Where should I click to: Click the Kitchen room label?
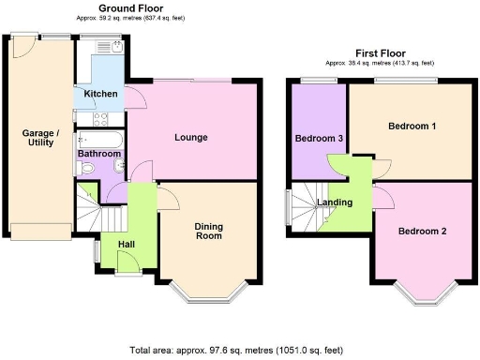tap(100, 94)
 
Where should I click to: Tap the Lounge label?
tap(190, 138)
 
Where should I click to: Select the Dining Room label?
tap(208, 231)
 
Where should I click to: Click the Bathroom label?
tap(98, 153)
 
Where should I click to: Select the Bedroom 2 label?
tap(422, 231)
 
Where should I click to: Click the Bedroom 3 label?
tap(319, 139)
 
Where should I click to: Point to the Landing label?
tap(335, 202)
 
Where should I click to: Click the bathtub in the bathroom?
tap(97, 139)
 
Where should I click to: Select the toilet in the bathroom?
tap(87, 169)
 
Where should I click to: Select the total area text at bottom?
tap(239, 350)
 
